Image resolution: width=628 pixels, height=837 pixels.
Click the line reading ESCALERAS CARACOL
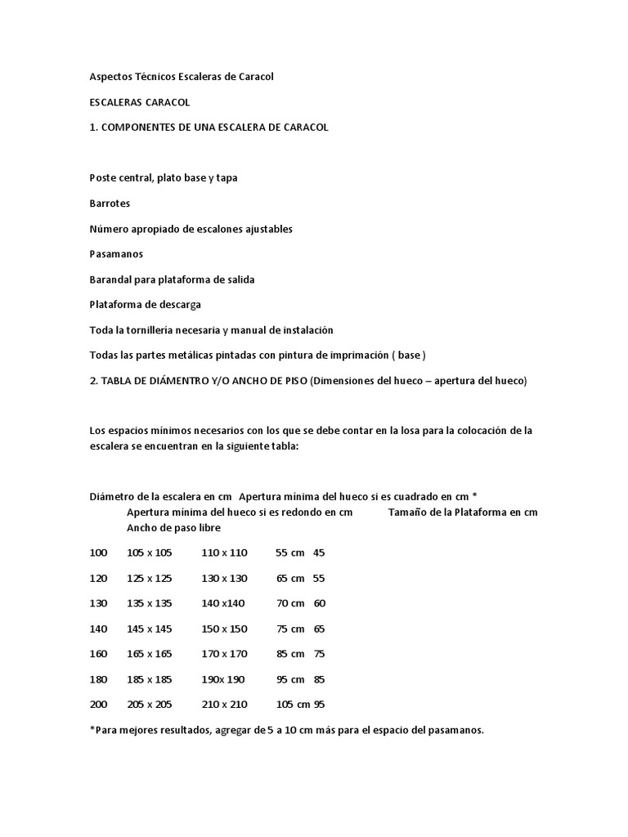[139, 102]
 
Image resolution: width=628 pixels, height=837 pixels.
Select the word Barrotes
[110, 204]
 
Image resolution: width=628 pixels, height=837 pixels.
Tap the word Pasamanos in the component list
[116, 254]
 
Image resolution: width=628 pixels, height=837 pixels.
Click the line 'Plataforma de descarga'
[145, 305]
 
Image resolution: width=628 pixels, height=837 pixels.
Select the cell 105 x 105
[150, 553]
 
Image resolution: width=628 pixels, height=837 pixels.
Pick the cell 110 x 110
[224, 553]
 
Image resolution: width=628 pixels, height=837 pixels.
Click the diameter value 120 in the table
[98, 578]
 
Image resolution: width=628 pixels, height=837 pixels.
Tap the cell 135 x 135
[150, 603]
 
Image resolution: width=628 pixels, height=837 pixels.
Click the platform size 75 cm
[290, 629]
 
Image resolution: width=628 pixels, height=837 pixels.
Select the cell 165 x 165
[150, 654]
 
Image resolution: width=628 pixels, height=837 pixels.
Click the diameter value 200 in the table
[98, 705]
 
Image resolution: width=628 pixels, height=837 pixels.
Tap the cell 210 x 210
[224, 705]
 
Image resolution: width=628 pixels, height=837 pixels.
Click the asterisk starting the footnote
[92, 729]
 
